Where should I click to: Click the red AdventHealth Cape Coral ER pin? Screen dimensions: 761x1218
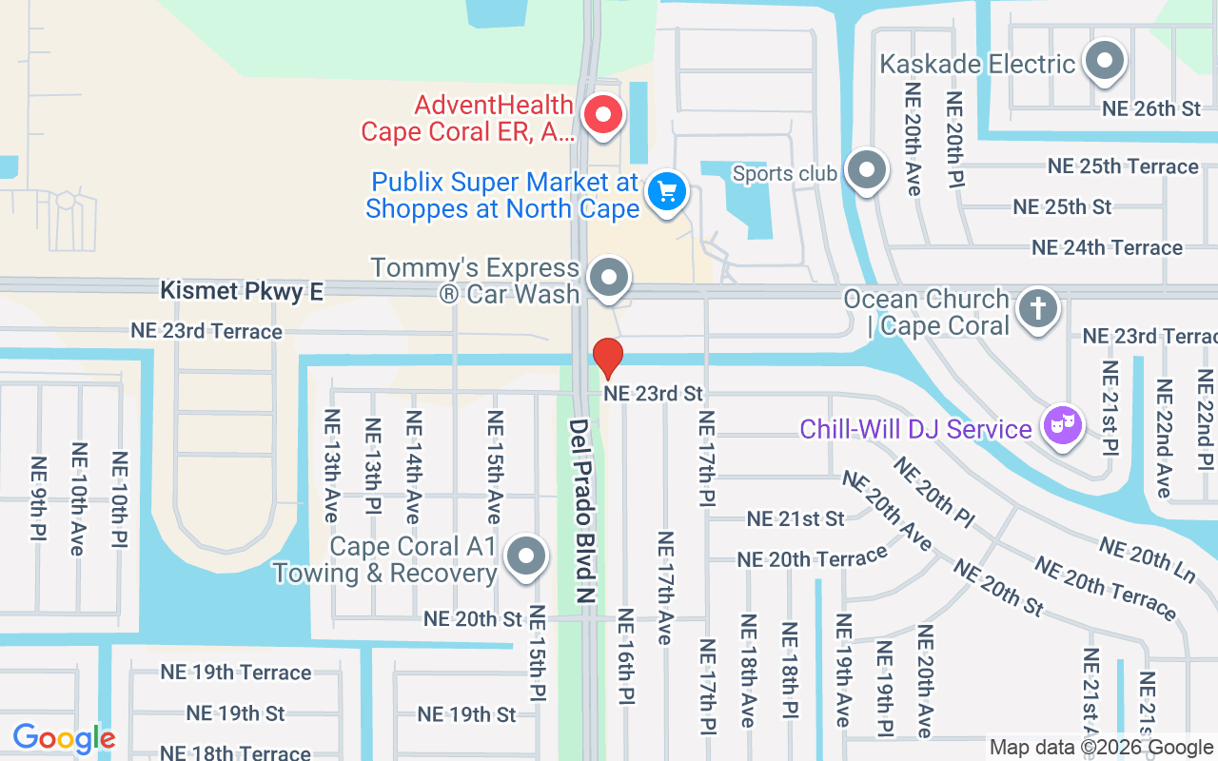click(602, 116)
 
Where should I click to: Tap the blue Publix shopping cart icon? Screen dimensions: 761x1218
click(667, 192)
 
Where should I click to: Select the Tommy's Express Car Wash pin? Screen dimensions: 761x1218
click(608, 279)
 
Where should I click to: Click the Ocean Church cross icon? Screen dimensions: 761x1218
click(1038, 310)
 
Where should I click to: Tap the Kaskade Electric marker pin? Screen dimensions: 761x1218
click(1105, 62)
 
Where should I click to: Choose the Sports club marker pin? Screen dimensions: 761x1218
click(866, 171)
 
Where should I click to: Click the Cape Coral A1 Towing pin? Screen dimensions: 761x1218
click(525, 557)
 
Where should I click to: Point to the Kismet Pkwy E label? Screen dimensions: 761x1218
click(242, 291)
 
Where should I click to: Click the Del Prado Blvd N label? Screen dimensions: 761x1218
click(581, 510)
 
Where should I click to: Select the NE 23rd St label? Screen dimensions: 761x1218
click(653, 393)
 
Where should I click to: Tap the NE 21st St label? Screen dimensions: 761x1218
click(796, 518)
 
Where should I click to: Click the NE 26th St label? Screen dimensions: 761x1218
click(1151, 108)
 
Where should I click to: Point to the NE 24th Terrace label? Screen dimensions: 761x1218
click(1107, 247)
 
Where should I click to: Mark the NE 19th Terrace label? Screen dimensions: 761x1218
click(235, 672)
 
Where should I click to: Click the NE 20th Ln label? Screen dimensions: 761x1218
click(1147, 559)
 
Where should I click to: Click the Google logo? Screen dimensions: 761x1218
click(64, 738)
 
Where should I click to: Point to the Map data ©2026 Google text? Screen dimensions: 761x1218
click(1101, 748)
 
